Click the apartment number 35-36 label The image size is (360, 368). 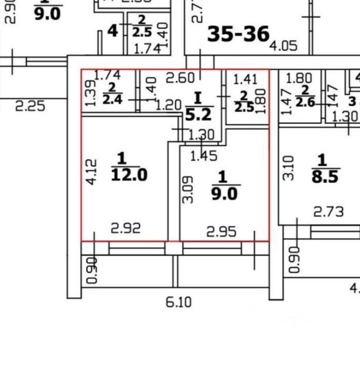click(238, 34)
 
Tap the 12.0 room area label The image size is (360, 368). click(129, 175)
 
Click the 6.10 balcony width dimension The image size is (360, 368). click(178, 302)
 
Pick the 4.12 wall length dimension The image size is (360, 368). click(91, 172)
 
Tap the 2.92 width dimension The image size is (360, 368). click(126, 228)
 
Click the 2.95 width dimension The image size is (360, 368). click(221, 232)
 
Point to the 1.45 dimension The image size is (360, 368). click(204, 156)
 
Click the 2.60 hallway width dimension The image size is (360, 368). click(180, 78)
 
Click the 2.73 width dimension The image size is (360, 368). click(329, 212)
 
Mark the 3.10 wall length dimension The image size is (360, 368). click(289, 168)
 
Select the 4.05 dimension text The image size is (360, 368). click(283, 46)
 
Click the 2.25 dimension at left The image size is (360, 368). click(30, 106)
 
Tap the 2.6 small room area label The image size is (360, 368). click(305, 104)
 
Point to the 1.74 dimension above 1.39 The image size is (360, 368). click(107, 75)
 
